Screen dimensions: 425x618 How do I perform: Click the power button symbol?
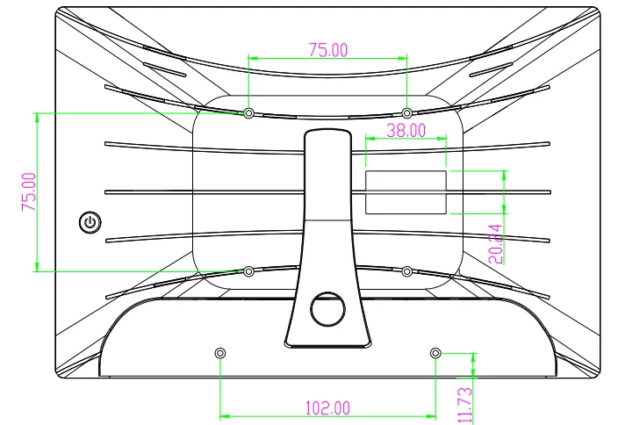click(90, 222)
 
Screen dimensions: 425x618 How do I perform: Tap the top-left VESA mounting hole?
click(249, 113)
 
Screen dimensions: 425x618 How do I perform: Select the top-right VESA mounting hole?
click(406, 113)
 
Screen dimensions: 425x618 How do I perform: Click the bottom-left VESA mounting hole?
click(249, 271)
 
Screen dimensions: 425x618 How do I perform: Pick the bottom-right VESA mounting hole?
click(406, 271)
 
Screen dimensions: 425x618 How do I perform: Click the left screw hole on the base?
click(219, 352)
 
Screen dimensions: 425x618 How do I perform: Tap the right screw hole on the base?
click(435, 352)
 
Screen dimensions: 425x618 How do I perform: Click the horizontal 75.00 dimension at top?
click(327, 50)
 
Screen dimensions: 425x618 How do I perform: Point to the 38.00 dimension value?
click(406, 130)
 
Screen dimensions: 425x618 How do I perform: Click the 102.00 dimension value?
click(327, 407)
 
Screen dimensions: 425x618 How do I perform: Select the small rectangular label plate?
click(406, 192)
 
